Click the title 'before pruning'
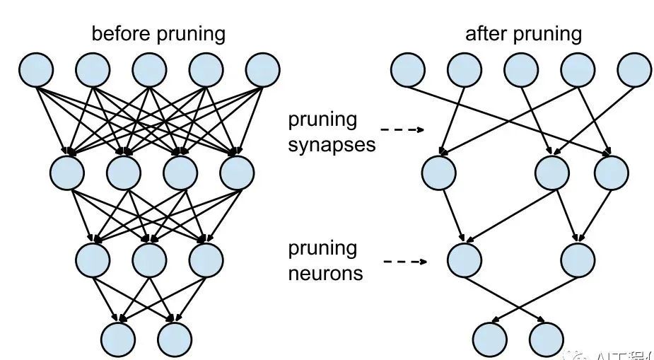click(x=158, y=33)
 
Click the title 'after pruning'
click(x=523, y=33)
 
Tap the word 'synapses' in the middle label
click(x=332, y=144)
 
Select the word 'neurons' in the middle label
click(x=325, y=273)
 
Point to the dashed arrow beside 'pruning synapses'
click(x=402, y=130)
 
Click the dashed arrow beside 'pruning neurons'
click(x=404, y=261)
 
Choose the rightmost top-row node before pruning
click(x=263, y=70)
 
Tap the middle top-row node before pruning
click(x=150, y=70)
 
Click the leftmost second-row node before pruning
click(x=67, y=171)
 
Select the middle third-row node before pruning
click(x=150, y=259)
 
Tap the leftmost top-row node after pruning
click(x=408, y=70)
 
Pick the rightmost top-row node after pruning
click(x=634, y=70)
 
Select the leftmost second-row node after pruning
click(x=438, y=171)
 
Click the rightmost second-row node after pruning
click(x=611, y=171)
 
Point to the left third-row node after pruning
click(x=465, y=259)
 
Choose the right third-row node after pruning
click(x=578, y=259)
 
